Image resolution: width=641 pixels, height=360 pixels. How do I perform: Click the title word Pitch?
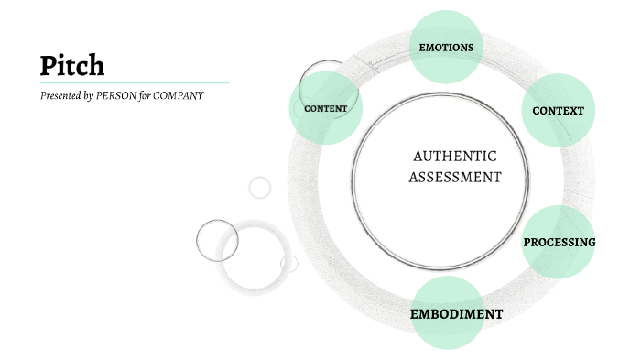[72, 65]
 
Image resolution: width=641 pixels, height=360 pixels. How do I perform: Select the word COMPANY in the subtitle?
[178, 95]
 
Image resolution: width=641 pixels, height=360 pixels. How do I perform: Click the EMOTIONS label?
[446, 47]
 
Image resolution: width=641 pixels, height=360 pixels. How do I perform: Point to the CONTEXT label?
[558, 111]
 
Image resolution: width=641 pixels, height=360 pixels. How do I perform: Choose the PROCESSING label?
[559, 243]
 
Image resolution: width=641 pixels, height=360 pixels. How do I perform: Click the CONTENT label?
[325, 109]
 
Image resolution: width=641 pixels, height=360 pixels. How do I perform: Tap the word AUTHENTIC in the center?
[455, 156]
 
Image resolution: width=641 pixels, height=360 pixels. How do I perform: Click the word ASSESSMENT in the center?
[455, 178]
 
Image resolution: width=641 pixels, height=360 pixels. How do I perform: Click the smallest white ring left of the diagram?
[260, 188]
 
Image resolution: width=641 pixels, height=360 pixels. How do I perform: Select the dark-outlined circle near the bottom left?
[217, 241]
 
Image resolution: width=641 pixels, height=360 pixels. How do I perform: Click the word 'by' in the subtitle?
[89, 95]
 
